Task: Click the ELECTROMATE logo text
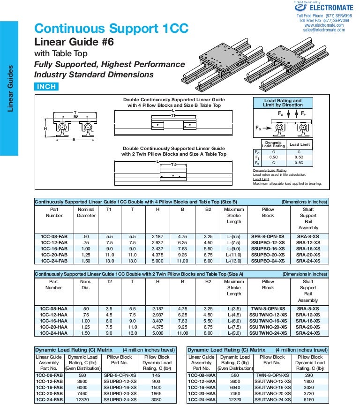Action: (331, 8)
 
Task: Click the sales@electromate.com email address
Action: (324, 30)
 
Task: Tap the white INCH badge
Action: (46, 87)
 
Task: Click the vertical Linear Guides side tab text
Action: (10, 89)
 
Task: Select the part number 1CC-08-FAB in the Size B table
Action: (54, 236)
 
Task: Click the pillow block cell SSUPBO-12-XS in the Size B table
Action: (268, 242)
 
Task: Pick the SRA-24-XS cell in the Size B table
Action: (308, 261)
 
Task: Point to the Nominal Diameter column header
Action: (86, 212)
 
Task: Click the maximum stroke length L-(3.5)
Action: (233, 308)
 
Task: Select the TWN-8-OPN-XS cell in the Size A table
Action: (268, 308)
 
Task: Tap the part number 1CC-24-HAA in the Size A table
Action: (53, 333)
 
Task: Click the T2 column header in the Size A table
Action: (109, 282)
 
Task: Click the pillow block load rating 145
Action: (157, 375)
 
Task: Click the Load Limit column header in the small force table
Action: (299, 145)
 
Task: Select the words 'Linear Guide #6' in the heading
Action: (74, 42)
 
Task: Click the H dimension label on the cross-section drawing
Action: (45, 128)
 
